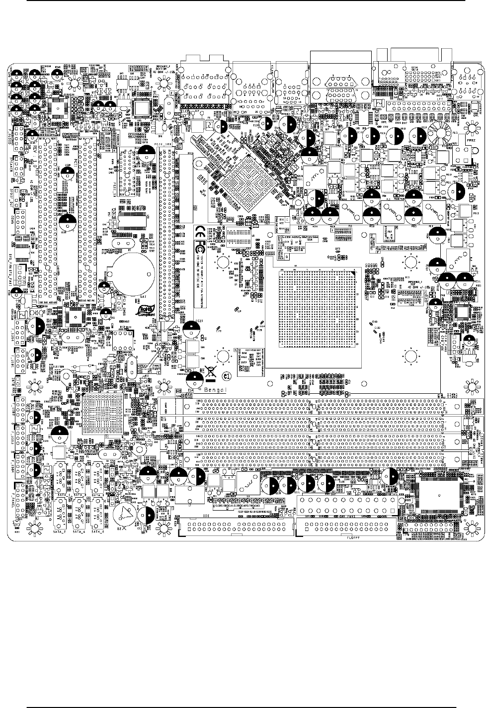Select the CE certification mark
pos(197,231)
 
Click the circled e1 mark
pos(227,377)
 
